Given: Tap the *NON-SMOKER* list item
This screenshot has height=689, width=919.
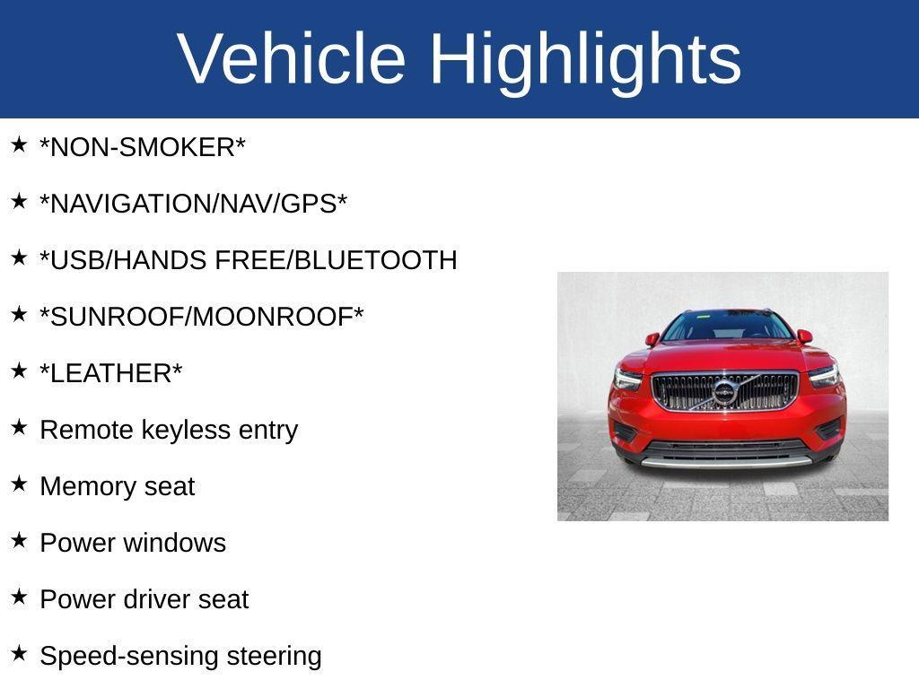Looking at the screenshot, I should pos(143,148).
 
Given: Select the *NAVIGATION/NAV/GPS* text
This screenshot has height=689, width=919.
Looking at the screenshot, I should pos(193,205).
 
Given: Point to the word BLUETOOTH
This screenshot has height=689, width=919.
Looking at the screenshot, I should pos(375,260).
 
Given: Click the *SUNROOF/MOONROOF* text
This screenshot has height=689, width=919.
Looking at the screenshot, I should pos(202,317).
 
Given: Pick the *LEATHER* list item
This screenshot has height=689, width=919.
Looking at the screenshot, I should pos(111,373).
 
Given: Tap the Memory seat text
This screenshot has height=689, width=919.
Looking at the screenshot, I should pos(117,486).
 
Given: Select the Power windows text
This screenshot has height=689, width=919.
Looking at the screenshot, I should pos(133,543).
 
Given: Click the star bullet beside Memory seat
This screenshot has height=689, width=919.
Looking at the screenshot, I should pos(19,484).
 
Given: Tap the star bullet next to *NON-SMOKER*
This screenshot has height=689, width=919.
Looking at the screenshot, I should pos(19,144).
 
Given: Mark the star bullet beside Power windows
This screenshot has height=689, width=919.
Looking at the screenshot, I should pos(19,540).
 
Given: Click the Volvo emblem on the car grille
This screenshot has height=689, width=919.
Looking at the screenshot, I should pos(724,392).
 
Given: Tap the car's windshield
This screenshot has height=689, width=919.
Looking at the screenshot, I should pos(727,326).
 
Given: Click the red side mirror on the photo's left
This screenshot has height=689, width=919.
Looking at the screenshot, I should pos(652,339).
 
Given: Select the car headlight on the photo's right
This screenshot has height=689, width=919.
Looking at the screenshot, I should pos(824,375).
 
